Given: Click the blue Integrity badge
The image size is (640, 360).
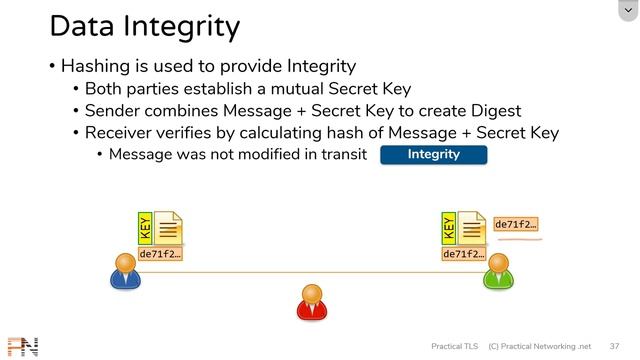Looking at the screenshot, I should tap(433, 155).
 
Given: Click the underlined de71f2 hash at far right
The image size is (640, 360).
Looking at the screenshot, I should tap(516, 224).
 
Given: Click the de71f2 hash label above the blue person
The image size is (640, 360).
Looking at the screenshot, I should tap(160, 254).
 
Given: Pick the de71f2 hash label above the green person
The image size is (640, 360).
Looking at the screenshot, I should tap(464, 254).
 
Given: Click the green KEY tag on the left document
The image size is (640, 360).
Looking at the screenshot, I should tap(146, 229).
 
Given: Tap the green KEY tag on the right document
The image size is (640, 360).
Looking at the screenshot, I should tap(449, 229).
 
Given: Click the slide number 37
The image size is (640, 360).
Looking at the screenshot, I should tap(615, 346).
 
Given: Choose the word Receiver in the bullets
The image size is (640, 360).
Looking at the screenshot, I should tap(121, 132).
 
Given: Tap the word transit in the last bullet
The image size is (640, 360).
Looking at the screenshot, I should tap(342, 154).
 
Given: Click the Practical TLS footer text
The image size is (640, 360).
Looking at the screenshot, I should tap(455, 346).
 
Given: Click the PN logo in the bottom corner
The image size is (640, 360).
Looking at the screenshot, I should tap(22, 347).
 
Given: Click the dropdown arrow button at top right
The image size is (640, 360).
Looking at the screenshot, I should tap(629, 10).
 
